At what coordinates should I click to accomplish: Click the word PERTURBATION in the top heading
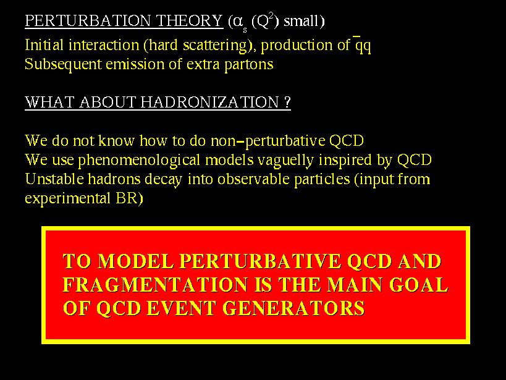pos(88,21)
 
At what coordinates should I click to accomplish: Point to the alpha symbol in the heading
pos(237,22)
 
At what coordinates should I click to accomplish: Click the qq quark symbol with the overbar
pos(363,44)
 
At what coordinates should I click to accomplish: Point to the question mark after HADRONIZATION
pos(288,103)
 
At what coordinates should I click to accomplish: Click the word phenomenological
pos(139,160)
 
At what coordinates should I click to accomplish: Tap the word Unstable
pos(54,179)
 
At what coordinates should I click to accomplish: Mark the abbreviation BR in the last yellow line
pos(127,198)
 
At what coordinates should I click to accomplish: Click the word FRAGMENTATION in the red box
pos(156,284)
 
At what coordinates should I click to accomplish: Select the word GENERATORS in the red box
pos(293,308)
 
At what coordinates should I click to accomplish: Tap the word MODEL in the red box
pos(135,261)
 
